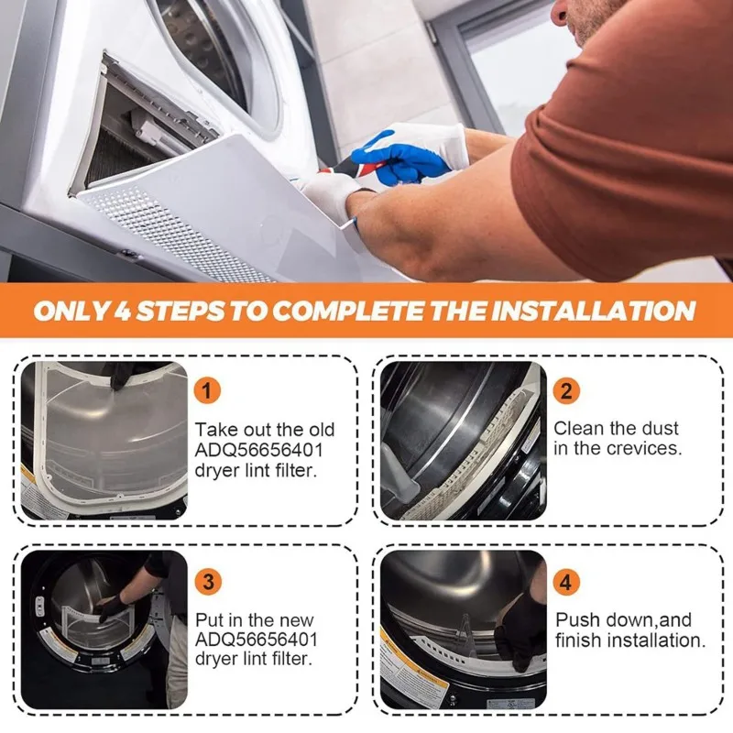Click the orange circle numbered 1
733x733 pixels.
(207, 390)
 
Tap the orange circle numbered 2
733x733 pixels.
(566, 390)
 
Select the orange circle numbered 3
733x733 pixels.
(208, 582)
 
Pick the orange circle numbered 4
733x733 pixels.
(566, 582)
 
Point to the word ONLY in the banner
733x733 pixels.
(71, 311)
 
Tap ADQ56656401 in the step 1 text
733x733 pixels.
(258, 450)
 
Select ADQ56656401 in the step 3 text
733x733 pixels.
(257, 639)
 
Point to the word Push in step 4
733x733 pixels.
(577, 620)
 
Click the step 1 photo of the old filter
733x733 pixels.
(104, 441)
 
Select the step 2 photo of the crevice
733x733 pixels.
(464, 441)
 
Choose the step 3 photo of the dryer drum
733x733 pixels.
(104, 629)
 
